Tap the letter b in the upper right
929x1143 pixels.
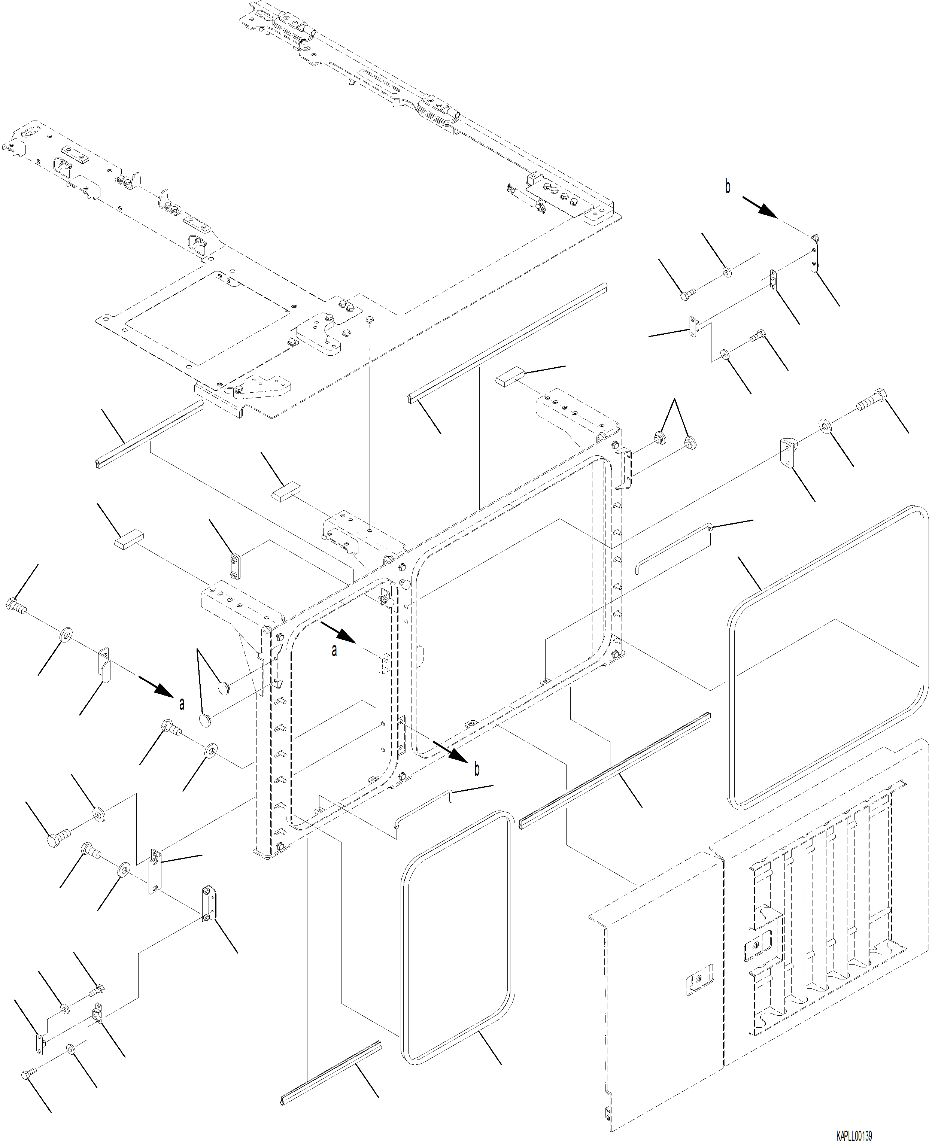727,187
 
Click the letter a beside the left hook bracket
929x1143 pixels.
182,704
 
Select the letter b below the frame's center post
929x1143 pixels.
477,769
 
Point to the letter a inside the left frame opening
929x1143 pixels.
334,651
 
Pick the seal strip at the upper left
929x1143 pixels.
149,435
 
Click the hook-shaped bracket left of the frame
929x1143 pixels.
104,665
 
